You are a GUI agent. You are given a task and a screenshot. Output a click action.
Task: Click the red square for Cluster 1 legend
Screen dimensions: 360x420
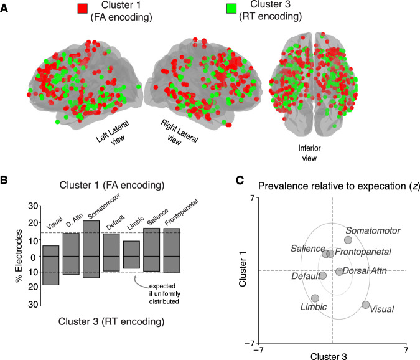pos(82,9)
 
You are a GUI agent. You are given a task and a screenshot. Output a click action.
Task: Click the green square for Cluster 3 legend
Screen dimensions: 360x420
pos(230,9)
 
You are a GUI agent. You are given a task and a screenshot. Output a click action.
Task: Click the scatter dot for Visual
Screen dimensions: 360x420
pos(365,305)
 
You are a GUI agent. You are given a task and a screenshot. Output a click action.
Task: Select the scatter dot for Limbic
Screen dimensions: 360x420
pos(315,298)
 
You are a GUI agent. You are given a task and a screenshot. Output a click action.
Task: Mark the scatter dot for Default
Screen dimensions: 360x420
pos(322,275)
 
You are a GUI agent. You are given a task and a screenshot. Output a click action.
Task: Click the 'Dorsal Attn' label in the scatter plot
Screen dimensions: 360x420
pos(362,272)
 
